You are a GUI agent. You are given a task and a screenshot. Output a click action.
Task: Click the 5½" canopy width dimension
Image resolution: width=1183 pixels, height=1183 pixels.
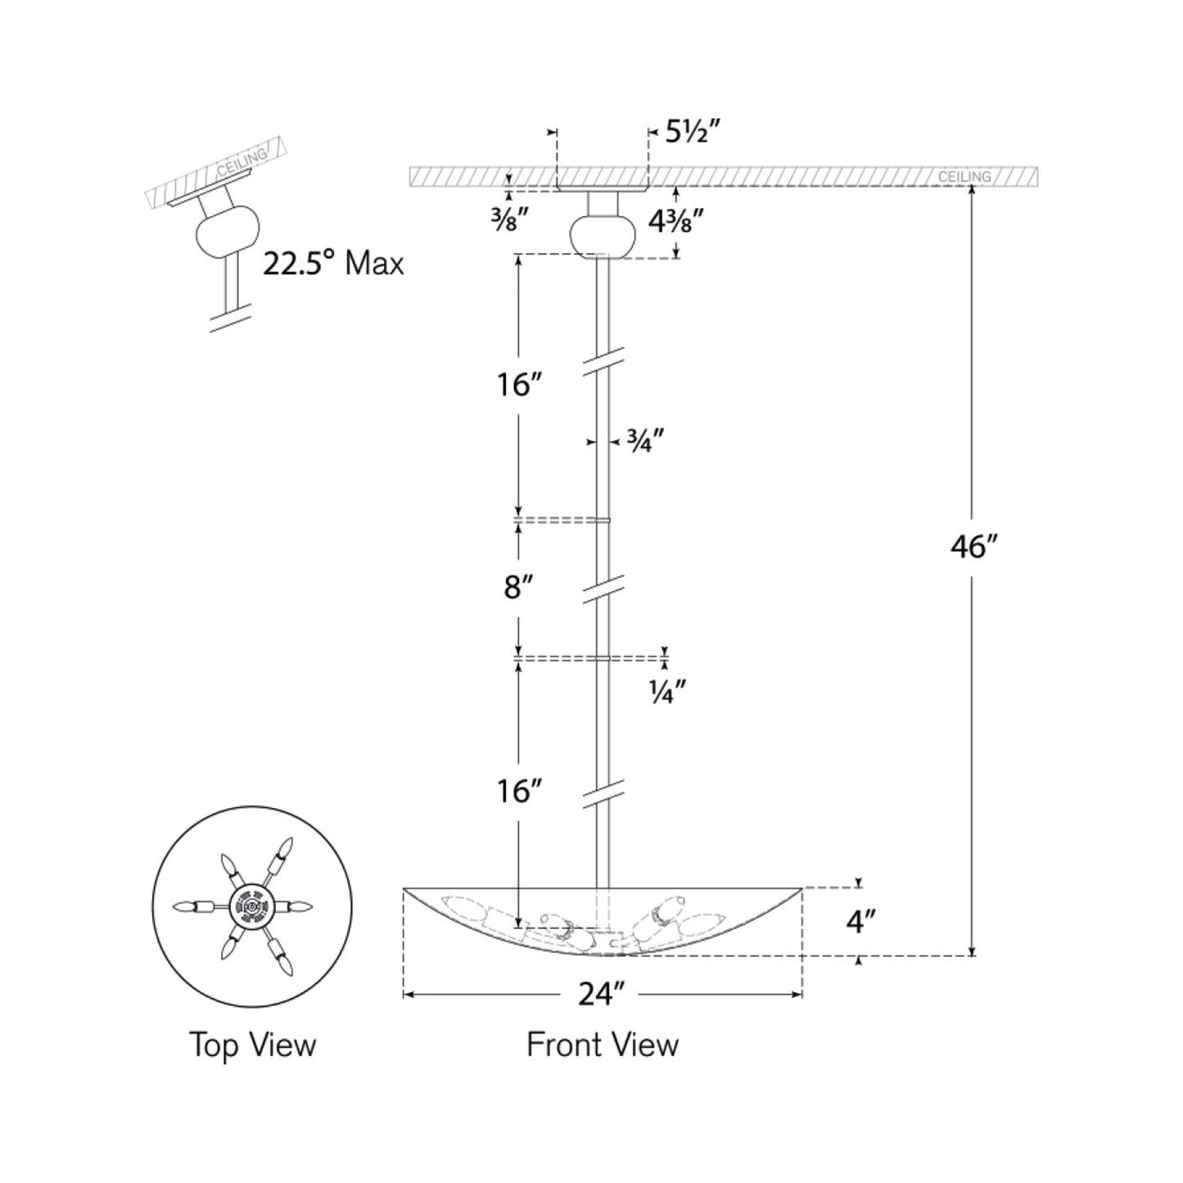tap(692, 131)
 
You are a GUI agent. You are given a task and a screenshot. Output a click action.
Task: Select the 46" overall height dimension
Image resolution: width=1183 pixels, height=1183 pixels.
tap(971, 547)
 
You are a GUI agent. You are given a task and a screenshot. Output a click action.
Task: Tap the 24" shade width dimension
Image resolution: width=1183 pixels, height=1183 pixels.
tap(602, 994)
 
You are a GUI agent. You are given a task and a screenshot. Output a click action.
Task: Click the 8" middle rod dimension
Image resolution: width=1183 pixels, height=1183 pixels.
tap(518, 587)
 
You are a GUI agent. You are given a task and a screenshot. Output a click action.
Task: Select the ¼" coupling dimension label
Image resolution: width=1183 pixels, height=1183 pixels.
tap(666, 693)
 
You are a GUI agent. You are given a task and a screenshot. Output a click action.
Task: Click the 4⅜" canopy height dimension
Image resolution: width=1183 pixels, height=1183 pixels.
tap(676, 221)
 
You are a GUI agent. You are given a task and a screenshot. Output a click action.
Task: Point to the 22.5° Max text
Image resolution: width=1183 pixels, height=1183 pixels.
tap(333, 264)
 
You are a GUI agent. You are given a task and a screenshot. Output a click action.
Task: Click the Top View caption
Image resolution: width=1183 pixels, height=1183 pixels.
tap(252, 1045)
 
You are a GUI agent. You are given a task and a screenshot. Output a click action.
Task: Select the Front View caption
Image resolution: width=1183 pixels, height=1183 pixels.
tap(602, 1045)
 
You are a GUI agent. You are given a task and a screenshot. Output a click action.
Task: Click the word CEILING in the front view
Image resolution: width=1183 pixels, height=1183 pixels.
tap(964, 177)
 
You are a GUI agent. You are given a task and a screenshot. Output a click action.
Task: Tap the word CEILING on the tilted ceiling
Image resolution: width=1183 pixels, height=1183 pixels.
tap(242, 163)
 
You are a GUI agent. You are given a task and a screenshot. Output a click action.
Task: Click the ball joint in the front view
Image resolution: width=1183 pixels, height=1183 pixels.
tap(603, 236)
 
